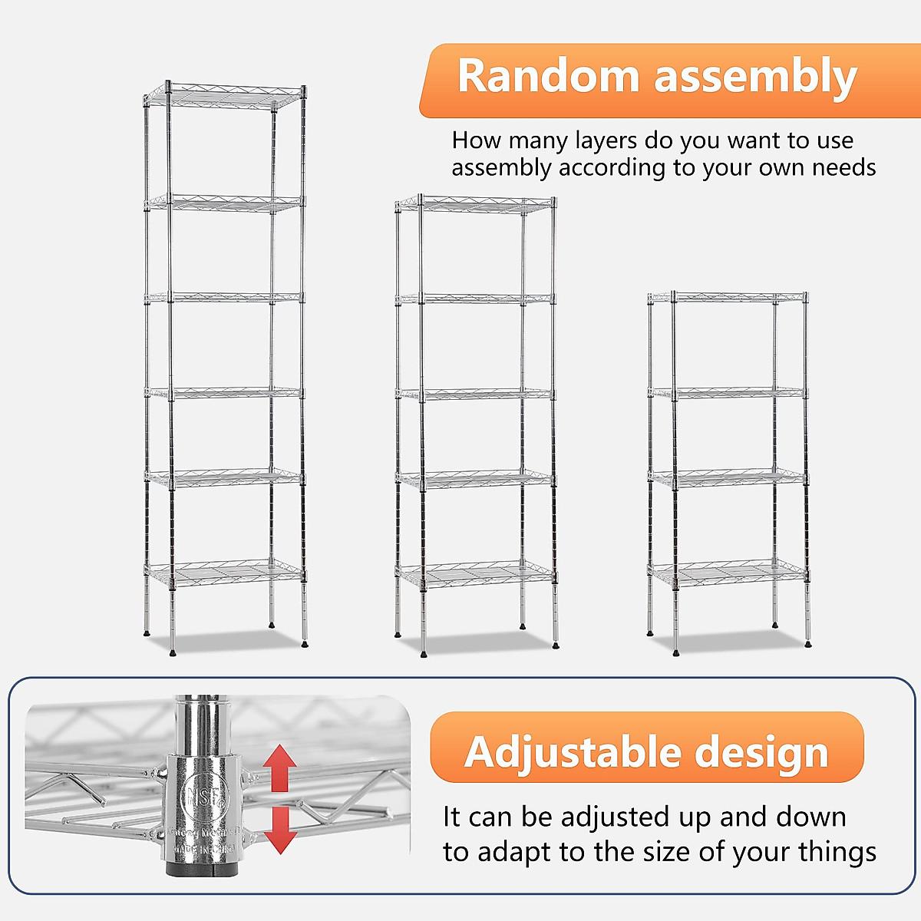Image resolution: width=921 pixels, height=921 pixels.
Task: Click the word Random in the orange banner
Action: [548, 77]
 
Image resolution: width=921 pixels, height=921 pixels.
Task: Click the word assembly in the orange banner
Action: [755, 78]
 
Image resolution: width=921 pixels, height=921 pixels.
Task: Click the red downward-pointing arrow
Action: [280, 830]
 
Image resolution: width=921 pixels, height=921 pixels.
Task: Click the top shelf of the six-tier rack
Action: [225, 96]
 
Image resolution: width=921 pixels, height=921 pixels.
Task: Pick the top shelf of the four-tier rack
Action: [728, 297]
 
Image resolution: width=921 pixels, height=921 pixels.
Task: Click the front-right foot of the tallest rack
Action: [305, 645]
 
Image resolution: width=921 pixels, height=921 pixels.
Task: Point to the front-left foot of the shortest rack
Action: [675, 652]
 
